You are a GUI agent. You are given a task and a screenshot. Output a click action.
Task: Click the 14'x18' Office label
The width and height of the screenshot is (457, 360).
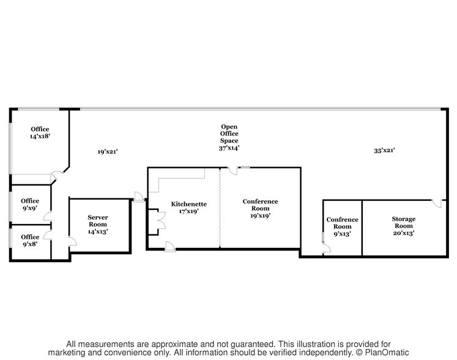(40, 133)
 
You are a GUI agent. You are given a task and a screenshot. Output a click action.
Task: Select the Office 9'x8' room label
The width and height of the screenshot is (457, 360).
(30, 241)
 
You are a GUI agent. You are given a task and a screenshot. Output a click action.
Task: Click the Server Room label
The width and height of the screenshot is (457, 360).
(98, 224)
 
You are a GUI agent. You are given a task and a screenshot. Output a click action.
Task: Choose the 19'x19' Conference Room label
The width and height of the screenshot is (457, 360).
(260, 208)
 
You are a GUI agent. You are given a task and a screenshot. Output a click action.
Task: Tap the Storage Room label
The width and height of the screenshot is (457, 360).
(403, 226)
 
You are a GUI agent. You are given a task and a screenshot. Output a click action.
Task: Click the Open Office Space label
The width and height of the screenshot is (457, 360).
(229, 137)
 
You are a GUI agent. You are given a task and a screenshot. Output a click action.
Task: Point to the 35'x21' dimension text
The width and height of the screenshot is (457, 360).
(385, 151)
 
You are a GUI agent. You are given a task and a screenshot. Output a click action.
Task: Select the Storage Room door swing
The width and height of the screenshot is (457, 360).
(437, 203)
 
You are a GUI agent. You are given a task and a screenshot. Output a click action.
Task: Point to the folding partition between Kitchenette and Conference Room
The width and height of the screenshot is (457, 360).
(220, 208)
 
